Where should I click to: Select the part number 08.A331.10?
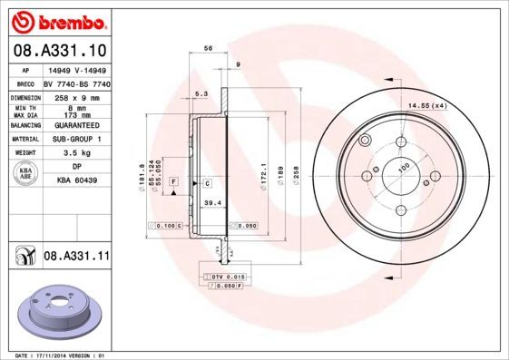pyautogui.click(x=59, y=51)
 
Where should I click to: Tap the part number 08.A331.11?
pyautogui.click(x=76, y=258)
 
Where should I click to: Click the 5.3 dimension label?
pyautogui.click(x=201, y=93)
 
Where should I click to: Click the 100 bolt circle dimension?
pyautogui.click(x=404, y=165)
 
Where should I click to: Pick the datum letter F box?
pyautogui.click(x=172, y=183)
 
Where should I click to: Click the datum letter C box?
pyautogui.click(x=206, y=183)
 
